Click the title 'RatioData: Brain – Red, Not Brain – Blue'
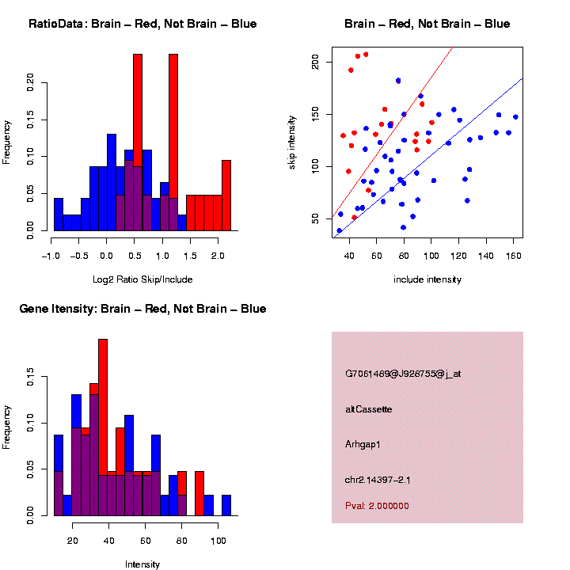tap(142, 24)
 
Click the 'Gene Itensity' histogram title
tap(142, 308)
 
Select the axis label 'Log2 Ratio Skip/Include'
tap(142, 279)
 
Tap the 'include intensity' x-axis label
tap(427, 279)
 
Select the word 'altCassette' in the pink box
tap(368, 409)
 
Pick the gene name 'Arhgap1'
tap(363, 444)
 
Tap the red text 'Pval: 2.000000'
tap(377, 506)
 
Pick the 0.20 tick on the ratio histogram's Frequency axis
tap(32, 82)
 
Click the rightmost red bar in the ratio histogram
tap(226, 198)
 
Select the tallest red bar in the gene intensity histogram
tap(103, 427)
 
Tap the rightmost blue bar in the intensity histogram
tap(226, 505)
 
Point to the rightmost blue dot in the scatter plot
tap(515, 117)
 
